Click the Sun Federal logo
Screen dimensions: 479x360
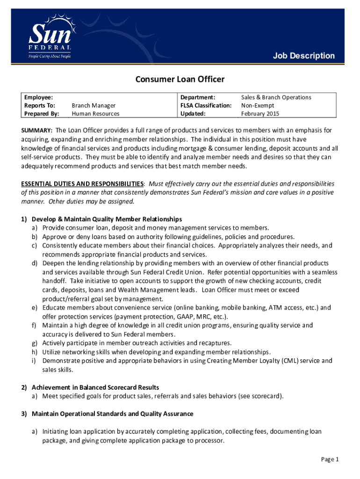pyautogui.click(x=50, y=38)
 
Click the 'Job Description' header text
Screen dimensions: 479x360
pyautogui.click(x=304, y=56)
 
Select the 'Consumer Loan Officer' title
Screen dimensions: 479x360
pyautogui.click(x=180, y=80)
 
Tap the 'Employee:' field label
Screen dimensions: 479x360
pyautogui.click(x=38, y=97)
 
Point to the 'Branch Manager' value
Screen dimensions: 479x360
pyautogui.click(x=94, y=106)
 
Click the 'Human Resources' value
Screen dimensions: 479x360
pyautogui.click(x=95, y=114)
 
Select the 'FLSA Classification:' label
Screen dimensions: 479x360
pyautogui.click(x=206, y=106)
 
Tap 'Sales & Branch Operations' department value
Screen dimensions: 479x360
pyautogui.click(x=276, y=97)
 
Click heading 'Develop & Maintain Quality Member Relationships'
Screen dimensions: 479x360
pyautogui.click(x=107, y=219)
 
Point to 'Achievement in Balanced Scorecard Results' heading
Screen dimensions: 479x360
pyautogui.click(x=95, y=387)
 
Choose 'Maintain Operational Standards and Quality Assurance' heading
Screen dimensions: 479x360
pyautogui.click(x=112, y=414)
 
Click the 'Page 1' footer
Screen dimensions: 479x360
pyautogui.click(x=330, y=459)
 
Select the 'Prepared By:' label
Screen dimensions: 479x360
pyautogui.click(x=42, y=114)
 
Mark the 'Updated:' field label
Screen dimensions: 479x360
pyautogui.click(x=193, y=114)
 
